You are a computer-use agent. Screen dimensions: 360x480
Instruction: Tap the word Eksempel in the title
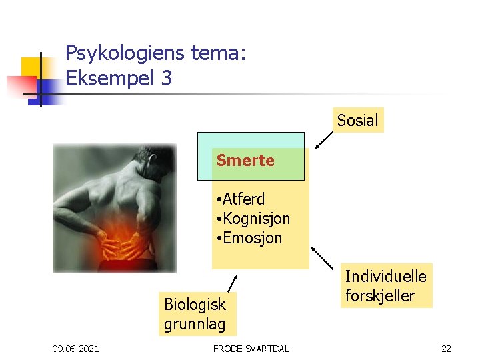pyautogui.click(x=109, y=79)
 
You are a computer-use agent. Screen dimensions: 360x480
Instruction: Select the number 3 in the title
pyautogui.click(x=166, y=79)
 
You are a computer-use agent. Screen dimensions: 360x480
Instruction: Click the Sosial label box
pyautogui.click(x=357, y=120)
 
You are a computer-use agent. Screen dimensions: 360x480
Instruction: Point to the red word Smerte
pyautogui.click(x=245, y=161)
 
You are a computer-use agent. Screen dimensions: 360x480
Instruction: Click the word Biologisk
pyautogui.click(x=195, y=305)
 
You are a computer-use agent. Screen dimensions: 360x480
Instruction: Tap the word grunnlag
pyautogui.click(x=195, y=325)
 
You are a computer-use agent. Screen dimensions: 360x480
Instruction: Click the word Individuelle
pyautogui.click(x=385, y=275)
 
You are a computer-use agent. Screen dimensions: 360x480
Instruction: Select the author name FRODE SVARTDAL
pyautogui.click(x=251, y=349)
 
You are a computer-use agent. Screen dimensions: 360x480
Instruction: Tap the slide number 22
pyautogui.click(x=447, y=349)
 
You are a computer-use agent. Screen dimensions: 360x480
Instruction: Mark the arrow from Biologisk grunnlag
pyautogui.click(x=231, y=283)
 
